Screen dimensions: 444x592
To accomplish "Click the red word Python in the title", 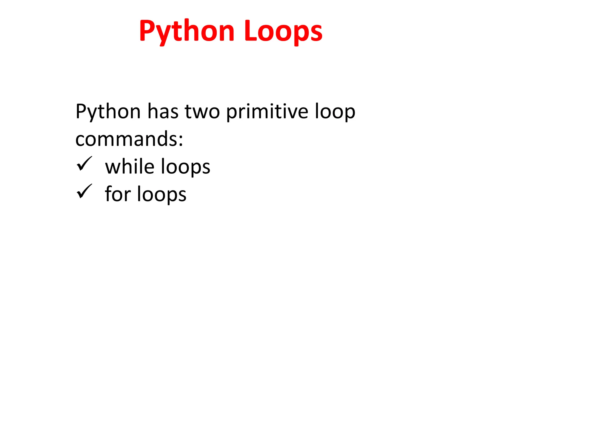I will click(186, 31).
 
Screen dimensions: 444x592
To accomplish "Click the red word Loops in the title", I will click(283, 31).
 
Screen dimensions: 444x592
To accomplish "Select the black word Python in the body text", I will click(108, 112).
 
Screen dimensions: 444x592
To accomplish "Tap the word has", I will click(163, 112).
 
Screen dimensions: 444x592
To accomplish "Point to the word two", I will click(202, 112).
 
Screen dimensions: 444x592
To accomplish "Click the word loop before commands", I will click(335, 112).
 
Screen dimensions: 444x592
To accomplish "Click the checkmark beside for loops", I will click(84, 191).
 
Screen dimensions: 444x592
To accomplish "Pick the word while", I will click(130, 167).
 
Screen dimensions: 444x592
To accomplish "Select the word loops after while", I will click(185, 167).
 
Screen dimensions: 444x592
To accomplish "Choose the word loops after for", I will click(162, 195).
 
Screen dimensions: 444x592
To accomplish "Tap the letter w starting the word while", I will click(111, 168).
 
